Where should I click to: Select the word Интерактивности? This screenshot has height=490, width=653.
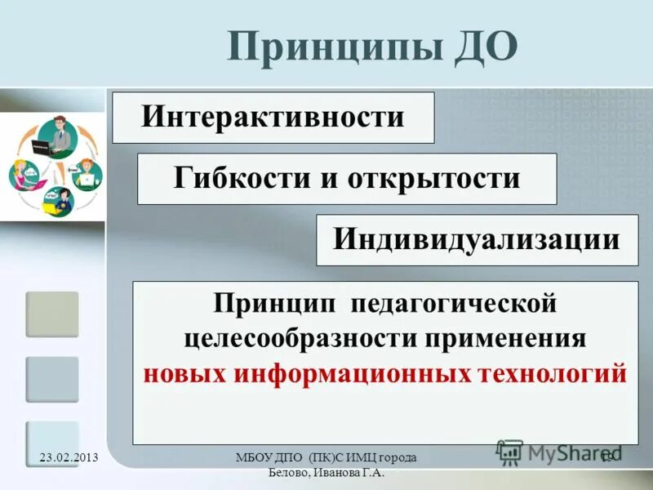273,117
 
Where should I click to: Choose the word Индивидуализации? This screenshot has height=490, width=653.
477,239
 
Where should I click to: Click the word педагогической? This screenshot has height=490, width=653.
454,305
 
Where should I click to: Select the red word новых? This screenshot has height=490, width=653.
185,372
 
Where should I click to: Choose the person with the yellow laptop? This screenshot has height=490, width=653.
57,200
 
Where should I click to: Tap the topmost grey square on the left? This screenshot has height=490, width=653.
52,314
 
